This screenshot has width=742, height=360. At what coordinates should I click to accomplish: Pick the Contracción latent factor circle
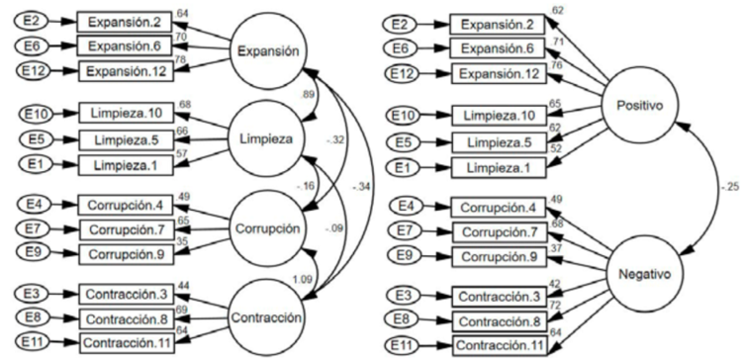pyautogui.click(x=264, y=316)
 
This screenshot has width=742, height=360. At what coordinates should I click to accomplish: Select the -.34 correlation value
pyautogui.click(x=357, y=184)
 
